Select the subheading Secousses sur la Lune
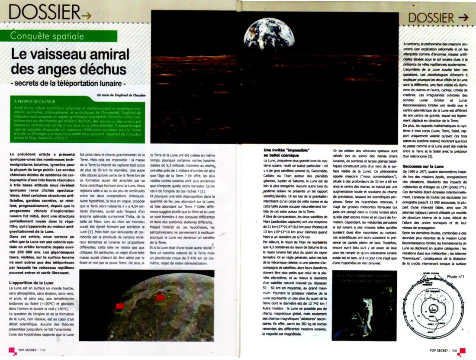pos(423,167)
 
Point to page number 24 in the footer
pos(12,350)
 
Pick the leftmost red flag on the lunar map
pos(120,306)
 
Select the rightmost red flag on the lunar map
pos(160,298)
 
